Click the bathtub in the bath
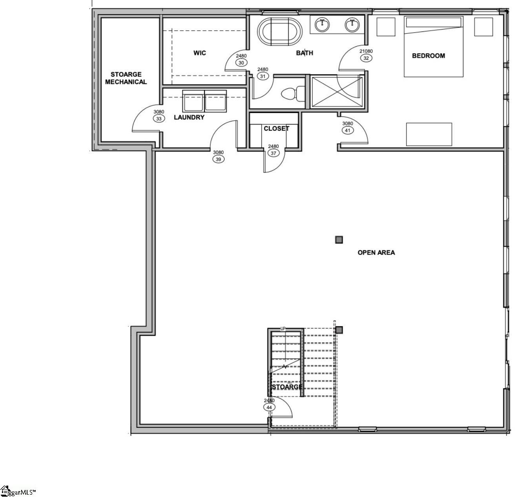(x=280, y=32)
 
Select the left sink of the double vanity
(x=323, y=25)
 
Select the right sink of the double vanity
(x=352, y=25)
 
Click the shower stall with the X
(x=337, y=92)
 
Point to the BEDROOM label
(x=428, y=56)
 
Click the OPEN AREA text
(x=376, y=253)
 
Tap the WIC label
(x=199, y=53)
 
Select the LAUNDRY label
(x=189, y=117)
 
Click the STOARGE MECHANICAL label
(x=126, y=78)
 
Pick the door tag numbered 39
(x=218, y=159)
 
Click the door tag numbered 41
(x=348, y=130)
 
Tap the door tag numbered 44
(x=269, y=407)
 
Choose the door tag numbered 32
(x=366, y=58)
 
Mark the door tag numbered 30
(x=241, y=63)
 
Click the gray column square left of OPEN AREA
(x=339, y=240)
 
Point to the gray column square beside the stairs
(x=339, y=330)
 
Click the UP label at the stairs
(x=283, y=328)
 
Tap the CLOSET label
(x=276, y=128)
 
